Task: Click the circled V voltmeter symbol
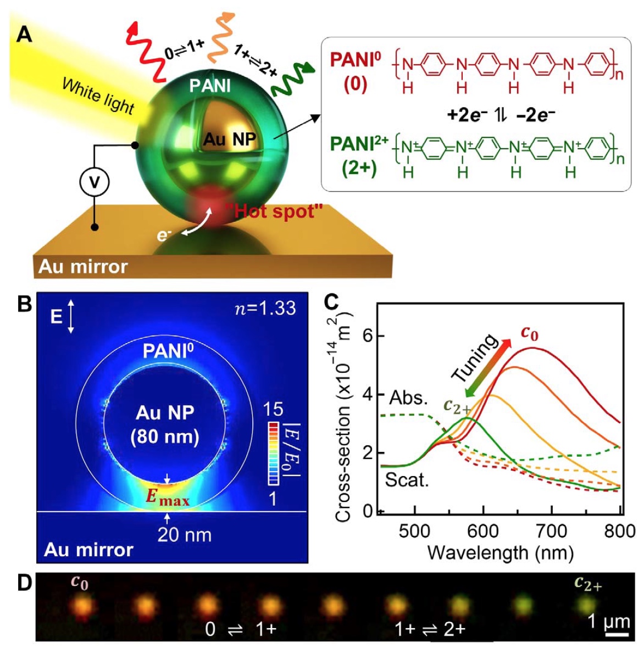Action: click(x=95, y=182)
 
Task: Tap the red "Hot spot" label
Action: click(x=274, y=211)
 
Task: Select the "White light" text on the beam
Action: click(x=98, y=96)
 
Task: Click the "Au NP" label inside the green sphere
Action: click(x=230, y=139)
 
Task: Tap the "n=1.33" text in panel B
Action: click(x=265, y=309)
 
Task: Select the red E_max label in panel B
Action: click(x=167, y=497)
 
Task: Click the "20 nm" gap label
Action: click(x=184, y=534)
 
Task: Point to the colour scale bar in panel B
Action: click(x=274, y=453)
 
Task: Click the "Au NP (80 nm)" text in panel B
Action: click(x=165, y=424)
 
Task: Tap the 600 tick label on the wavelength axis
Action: click(x=483, y=531)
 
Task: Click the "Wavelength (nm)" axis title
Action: click(x=500, y=552)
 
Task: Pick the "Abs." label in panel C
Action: click(x=408, y=398)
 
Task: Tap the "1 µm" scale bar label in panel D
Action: click(x=609, y=622)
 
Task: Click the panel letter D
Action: click(x=24, y=583)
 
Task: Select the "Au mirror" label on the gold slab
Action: click(x=83, y=267)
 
